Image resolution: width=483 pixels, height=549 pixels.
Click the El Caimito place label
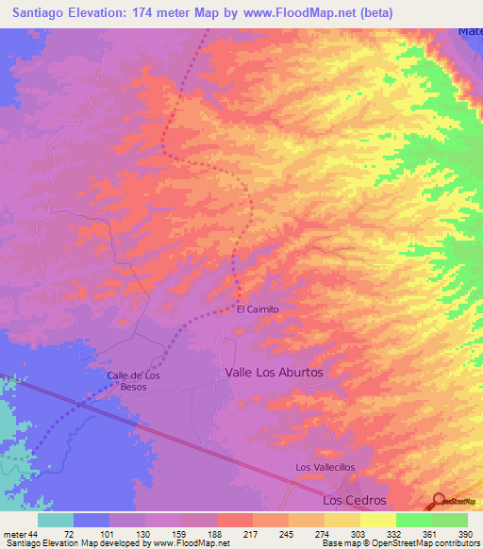tap(258, 308)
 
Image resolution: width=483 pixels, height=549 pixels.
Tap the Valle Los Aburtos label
tap(274, 373)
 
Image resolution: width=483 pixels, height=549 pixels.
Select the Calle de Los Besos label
tap(133, 381)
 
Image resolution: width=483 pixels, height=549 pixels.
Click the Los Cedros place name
tap(355, 500)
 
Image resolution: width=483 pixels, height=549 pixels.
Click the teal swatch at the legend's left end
tap(56, 521)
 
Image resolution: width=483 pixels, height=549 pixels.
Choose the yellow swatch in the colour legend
tap(377, 521)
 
